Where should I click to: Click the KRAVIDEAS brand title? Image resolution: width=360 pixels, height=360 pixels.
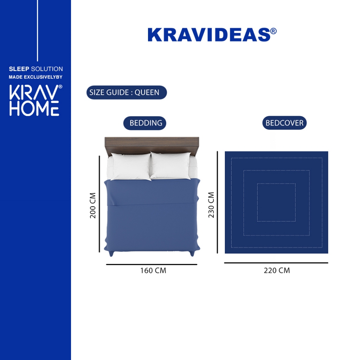coord(212,35)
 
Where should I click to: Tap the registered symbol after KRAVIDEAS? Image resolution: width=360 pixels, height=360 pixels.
coord(273,31)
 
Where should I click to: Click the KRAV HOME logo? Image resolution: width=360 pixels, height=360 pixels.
coord(36,100)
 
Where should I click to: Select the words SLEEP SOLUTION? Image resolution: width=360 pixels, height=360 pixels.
coord(36,69)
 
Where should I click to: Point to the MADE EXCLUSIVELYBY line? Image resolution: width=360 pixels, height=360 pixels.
coord(36,77)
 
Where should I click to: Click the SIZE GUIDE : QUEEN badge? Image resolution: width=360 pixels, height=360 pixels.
coord(127,92)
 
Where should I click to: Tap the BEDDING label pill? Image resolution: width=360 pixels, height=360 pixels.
coord(144,123)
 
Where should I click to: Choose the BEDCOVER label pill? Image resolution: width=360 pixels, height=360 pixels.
coord(284,123)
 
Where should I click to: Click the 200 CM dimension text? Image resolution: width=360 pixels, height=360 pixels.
coord(93,205)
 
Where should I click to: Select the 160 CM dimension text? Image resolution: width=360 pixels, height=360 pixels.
coord(153,270)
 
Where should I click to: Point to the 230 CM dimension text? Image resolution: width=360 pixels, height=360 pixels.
coord(211,205)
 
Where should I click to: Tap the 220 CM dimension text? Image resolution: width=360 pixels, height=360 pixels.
coord(277,270)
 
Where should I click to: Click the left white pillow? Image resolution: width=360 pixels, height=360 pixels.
coord(131,166)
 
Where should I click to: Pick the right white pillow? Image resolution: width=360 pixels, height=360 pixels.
coord(171,166)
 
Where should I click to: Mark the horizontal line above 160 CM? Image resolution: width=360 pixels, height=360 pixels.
coord(152,264)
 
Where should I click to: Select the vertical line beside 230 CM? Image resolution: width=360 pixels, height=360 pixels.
coord(217,202)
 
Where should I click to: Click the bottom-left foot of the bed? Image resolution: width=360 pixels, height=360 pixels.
coord(111,253)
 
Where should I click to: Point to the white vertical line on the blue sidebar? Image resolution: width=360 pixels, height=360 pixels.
coord(37,31)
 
